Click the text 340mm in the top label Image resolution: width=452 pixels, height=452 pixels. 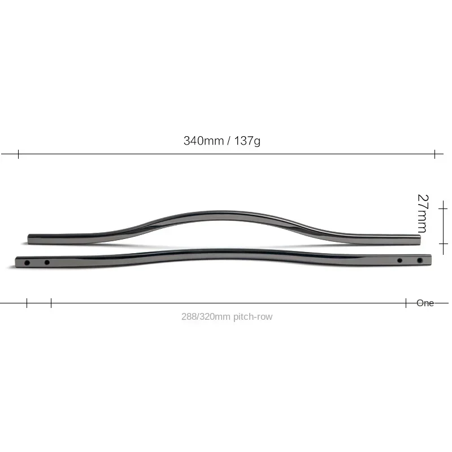pyautogui.click(x=203, y=141)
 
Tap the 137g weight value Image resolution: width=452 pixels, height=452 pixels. pyautogui.click(x=247, y=141)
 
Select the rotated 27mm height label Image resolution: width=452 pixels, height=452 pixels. pyautogui.click(x=422, y=214)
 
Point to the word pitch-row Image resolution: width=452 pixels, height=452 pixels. pyautogui.click(x=253, y=317)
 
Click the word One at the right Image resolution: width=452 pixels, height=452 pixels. pyautogui.click(x=425, y=303)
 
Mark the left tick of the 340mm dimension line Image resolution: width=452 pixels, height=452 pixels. pyautogui.click(x=19, y=154)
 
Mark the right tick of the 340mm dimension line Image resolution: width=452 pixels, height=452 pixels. pyautogui.click(x=434, y=154)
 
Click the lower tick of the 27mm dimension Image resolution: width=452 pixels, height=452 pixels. pyautogui.click(x=444, y=244)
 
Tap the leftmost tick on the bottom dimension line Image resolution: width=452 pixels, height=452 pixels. pyautogui.click(x=27, y=303)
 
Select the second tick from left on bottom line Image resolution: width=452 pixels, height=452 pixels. pyautogui.click(x=51, y=303)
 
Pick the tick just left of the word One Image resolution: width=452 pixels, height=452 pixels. pyautogui.click(x=406, y=303)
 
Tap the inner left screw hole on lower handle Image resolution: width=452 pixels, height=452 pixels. pyautogui.click(x=47, y=262)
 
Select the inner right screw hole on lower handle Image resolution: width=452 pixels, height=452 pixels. pyautogui.click(x=399, y=260)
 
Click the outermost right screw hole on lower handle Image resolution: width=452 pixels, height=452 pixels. pyautogui.click(x=419, y=260)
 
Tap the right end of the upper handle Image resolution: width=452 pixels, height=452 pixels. pyautogui.click(x=419, y=240)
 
